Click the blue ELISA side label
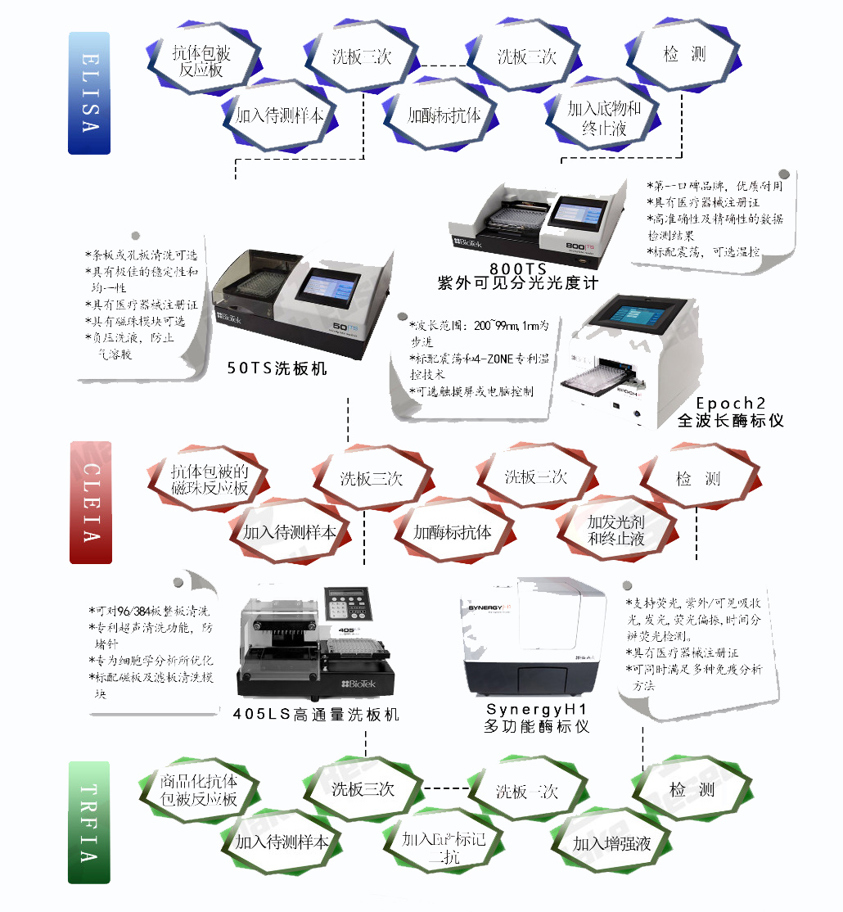coord(88,93)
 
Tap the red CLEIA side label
coord(90,502)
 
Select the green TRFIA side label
coord(88,822)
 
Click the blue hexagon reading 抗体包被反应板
coord(201,61)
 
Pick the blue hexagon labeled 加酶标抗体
coord(444,115)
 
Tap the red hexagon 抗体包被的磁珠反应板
coord(209,480)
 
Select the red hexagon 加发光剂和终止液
coord(615,530)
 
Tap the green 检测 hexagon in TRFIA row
coord(692,790)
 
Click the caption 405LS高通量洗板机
coord(316,714)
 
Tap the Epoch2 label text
coord(731,403)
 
